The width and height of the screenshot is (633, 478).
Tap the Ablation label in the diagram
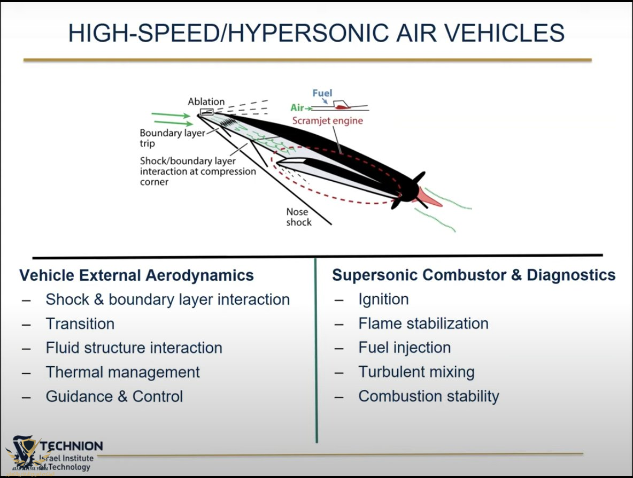[x=206, y=102]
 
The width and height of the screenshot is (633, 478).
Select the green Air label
[x=297, y=108]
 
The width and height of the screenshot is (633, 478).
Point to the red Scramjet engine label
[x=327, y=121]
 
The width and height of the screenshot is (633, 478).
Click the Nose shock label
[x=298, y=217]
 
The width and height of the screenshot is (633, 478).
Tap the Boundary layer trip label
[x=172, y=138]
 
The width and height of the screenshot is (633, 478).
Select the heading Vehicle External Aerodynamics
[x=136, y=275]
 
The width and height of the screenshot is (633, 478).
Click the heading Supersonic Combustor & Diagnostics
[x=474, y=275]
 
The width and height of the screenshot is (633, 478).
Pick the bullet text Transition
[x=80, y=324]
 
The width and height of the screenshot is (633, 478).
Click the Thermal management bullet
[x=123, y=372]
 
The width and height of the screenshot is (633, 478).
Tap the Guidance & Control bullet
[x=114, y=397]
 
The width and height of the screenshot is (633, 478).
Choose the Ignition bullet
[x=383, y=299]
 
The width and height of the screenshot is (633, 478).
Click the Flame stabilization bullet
[x=423, y=323]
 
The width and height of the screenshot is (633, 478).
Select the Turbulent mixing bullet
[x=416, y=372]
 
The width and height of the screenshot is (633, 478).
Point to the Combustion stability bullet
[x=429, y=397]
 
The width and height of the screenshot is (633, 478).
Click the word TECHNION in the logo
[x=72, y=446]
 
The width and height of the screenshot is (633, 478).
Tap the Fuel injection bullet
[x=405, y=348]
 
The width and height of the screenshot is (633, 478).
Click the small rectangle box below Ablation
[x=206, y=112]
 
